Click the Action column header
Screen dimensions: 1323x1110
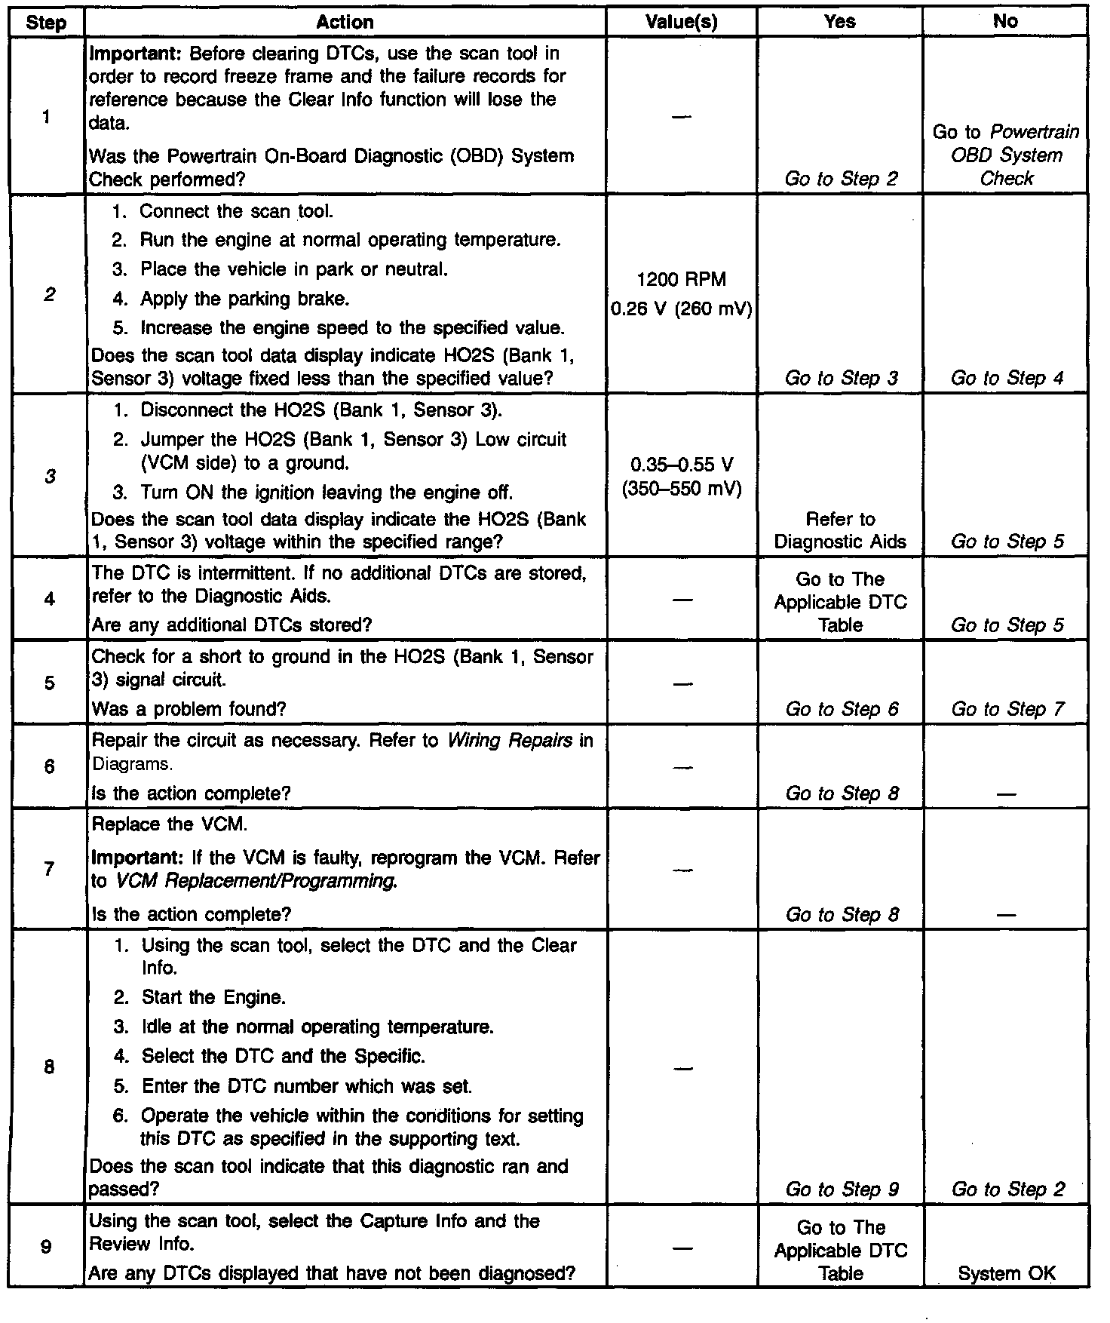point(345,22)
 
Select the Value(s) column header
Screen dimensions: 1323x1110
point(681,22)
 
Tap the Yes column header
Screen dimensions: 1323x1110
point(839,22)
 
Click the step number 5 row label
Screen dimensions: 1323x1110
point(49,683)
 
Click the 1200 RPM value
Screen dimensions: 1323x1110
point(681,280)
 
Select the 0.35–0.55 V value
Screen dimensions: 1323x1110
point(681,465)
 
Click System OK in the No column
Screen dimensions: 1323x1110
point(1006,1273)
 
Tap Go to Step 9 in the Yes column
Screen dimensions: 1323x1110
point(842,1189)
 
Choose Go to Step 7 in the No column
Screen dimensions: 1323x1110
point(1007,709)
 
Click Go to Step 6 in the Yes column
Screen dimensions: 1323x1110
point(842,709)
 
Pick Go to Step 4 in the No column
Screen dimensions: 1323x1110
point(1007,378)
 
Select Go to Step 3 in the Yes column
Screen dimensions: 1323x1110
point(842,378)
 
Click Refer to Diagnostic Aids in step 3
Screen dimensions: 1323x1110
point(840,530)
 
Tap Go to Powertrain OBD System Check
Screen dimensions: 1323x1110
point(1006,155)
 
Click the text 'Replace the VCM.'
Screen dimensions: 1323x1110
point(169,824)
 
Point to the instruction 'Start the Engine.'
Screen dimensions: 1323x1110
point(213,997)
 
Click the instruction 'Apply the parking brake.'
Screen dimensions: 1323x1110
point(244,299)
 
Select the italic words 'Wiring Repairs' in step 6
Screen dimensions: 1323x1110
point(510,740)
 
